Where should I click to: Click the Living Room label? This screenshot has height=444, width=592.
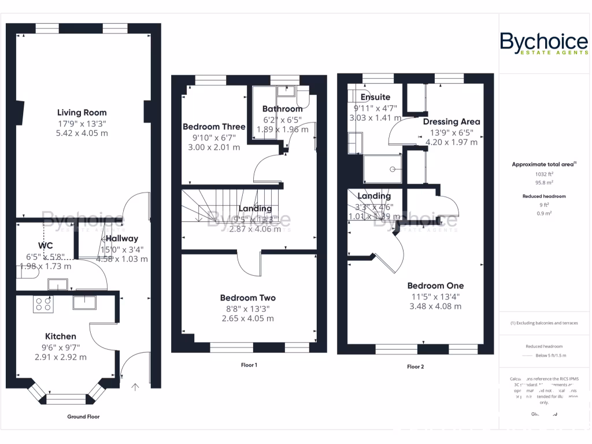(82, 113)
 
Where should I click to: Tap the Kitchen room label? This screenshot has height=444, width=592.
(61, 336)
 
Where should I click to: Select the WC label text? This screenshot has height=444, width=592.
(46, 246)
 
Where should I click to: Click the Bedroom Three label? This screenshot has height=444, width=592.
(214, 127)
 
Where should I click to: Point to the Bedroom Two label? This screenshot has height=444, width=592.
(247, 298)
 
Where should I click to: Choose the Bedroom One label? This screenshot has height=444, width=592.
(435, 286)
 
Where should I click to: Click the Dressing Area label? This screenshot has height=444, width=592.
(452, 122)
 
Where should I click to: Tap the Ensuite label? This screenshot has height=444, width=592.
(375, 97)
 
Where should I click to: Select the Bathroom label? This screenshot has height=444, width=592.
(282, 109)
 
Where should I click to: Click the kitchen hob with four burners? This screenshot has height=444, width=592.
(43, 304)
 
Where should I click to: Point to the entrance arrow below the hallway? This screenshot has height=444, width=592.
(136, 386)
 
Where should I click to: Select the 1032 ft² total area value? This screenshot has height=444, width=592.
(543, 173)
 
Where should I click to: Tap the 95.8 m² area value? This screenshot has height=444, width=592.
(543, 182)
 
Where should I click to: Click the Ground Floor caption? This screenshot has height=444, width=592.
(84, 416)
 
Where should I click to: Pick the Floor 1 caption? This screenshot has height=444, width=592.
(249, 365)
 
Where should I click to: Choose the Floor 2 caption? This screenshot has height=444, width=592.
(415, 367)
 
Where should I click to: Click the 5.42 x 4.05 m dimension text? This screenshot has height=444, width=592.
(82, 134)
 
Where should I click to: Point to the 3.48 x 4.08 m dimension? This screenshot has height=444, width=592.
(435, 306)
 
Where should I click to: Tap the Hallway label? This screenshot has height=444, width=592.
(121, 238)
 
